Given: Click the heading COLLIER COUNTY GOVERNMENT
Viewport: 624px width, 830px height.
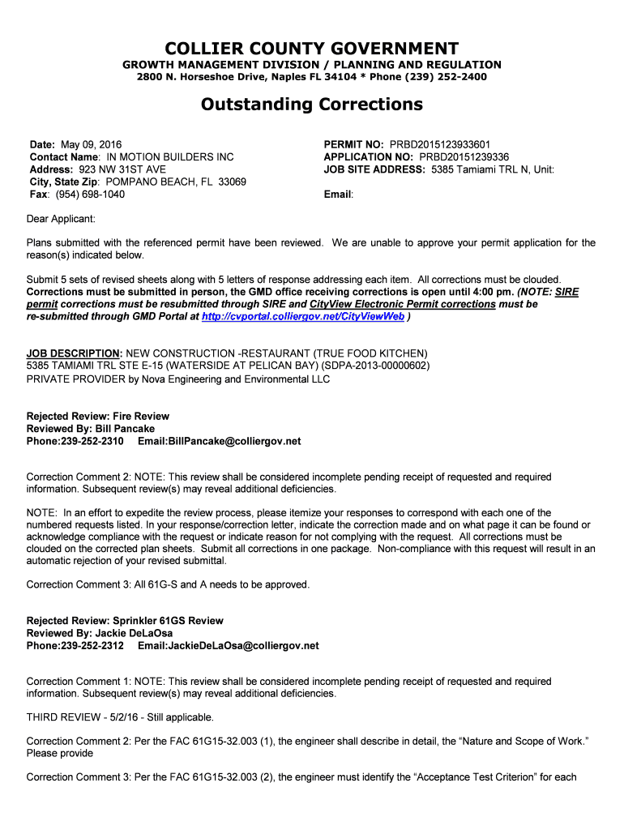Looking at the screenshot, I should tap(312, 49).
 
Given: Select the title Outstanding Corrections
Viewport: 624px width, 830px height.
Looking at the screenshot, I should tap(312, 105).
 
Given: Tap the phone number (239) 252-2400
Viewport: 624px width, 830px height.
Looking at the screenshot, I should tap(451, 77).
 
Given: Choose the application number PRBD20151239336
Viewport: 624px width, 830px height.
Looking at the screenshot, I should tap(464, 156).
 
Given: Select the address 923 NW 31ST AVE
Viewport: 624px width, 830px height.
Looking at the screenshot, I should tap(120, 169).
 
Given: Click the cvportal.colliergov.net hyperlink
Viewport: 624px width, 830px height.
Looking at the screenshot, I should tap(302, 317).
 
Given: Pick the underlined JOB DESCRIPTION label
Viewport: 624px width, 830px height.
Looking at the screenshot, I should tap(74, 353).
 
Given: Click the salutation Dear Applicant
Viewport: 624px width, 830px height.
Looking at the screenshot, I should tap(61, 219).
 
